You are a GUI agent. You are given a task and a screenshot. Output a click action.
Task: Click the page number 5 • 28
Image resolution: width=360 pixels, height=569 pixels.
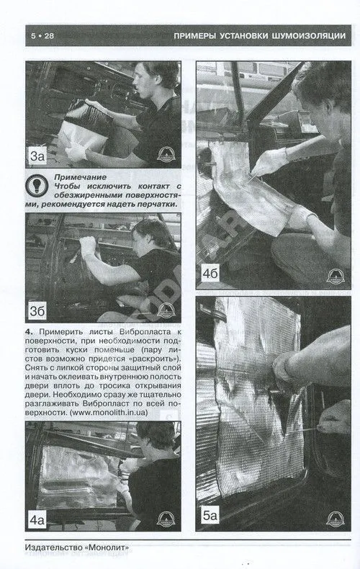(42, 35)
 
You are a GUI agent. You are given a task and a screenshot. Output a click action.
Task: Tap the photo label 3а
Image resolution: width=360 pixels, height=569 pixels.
(37, 156)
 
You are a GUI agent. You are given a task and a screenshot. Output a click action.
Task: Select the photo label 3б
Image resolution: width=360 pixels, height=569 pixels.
(37, 311)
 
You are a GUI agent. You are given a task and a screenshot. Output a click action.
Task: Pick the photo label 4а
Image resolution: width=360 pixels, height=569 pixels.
(37, 520)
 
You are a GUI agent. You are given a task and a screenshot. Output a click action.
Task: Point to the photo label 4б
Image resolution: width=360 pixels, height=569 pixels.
(210, 273)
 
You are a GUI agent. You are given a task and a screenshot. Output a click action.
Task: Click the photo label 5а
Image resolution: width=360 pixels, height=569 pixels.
(210, 515)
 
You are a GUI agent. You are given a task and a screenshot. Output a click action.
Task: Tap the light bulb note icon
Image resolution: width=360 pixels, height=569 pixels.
(37, 185)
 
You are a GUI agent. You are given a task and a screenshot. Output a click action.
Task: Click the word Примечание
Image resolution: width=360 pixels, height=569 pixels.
(80, 177)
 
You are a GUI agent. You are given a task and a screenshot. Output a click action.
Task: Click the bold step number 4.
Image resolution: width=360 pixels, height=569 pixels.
(29, 331)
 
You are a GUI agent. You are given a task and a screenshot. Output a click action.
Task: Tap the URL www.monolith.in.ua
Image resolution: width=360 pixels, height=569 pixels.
(108, 413)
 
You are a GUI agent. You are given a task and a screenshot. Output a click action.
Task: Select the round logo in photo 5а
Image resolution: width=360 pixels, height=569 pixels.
(335, 519)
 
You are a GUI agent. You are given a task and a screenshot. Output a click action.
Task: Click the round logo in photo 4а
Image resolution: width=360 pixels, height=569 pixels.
(166, 519)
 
